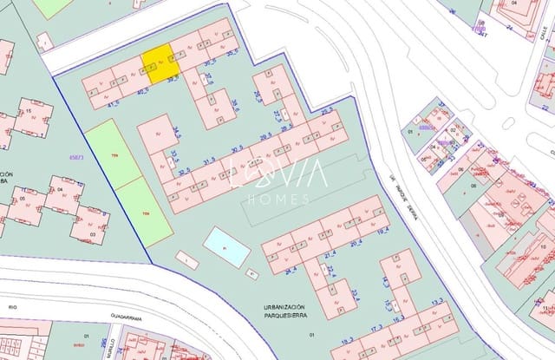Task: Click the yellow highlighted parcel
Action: point(160,65)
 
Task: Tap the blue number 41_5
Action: point(114,103)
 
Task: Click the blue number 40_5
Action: point(142,89)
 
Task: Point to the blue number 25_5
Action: point(327,111)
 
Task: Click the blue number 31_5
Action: point(209,160)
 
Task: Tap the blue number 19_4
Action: point(382,231)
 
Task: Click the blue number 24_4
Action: point(290,270)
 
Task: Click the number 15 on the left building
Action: point(29,112)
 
